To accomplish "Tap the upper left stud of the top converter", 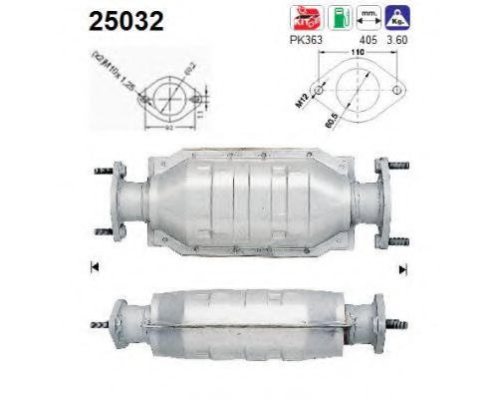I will point(102,173).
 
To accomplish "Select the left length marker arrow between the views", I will point(92,266).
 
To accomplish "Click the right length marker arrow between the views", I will point(403,266).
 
